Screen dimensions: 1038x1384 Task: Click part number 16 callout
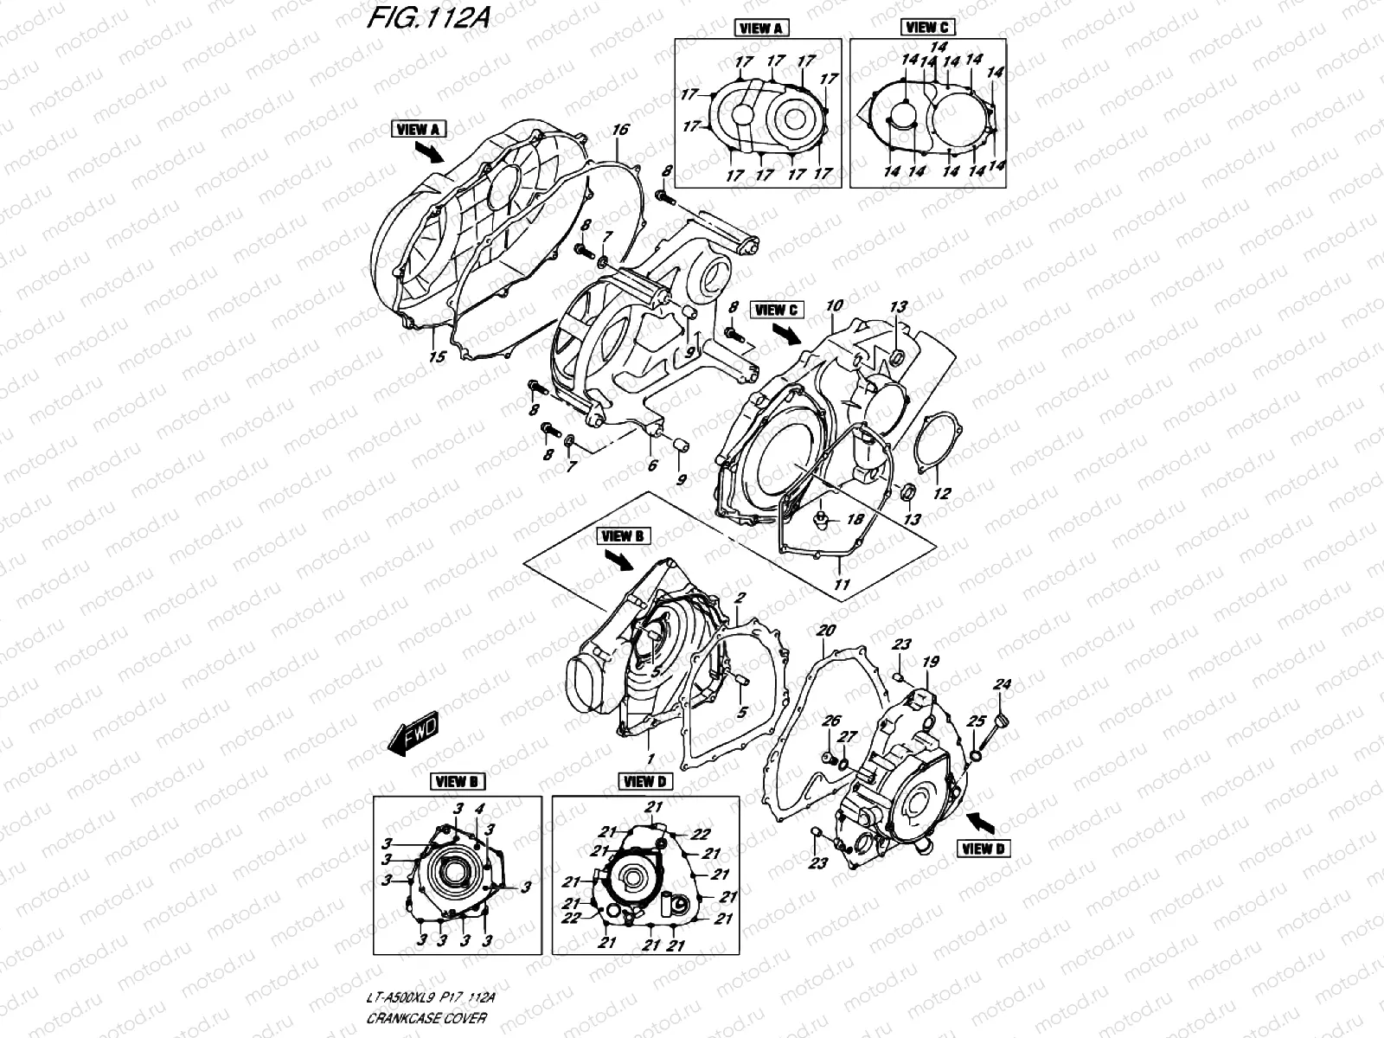(x=619, y=131)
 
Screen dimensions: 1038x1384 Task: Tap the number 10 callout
(x=834, y=306)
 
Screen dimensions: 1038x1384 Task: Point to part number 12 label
(x=942, y=494)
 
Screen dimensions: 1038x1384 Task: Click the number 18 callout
(x=855, y=519)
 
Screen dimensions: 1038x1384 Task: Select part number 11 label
(x=841, y=585)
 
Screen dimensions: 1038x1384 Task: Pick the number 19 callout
(x=930, y=663)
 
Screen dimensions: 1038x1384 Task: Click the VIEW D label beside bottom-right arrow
(x=983, y=849)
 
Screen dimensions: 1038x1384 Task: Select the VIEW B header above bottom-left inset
(x=458, y=782)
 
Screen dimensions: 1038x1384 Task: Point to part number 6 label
(x=653, y=466)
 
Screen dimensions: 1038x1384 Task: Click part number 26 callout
(x=830, y=721)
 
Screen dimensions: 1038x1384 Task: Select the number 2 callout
(x=740, y=599)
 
